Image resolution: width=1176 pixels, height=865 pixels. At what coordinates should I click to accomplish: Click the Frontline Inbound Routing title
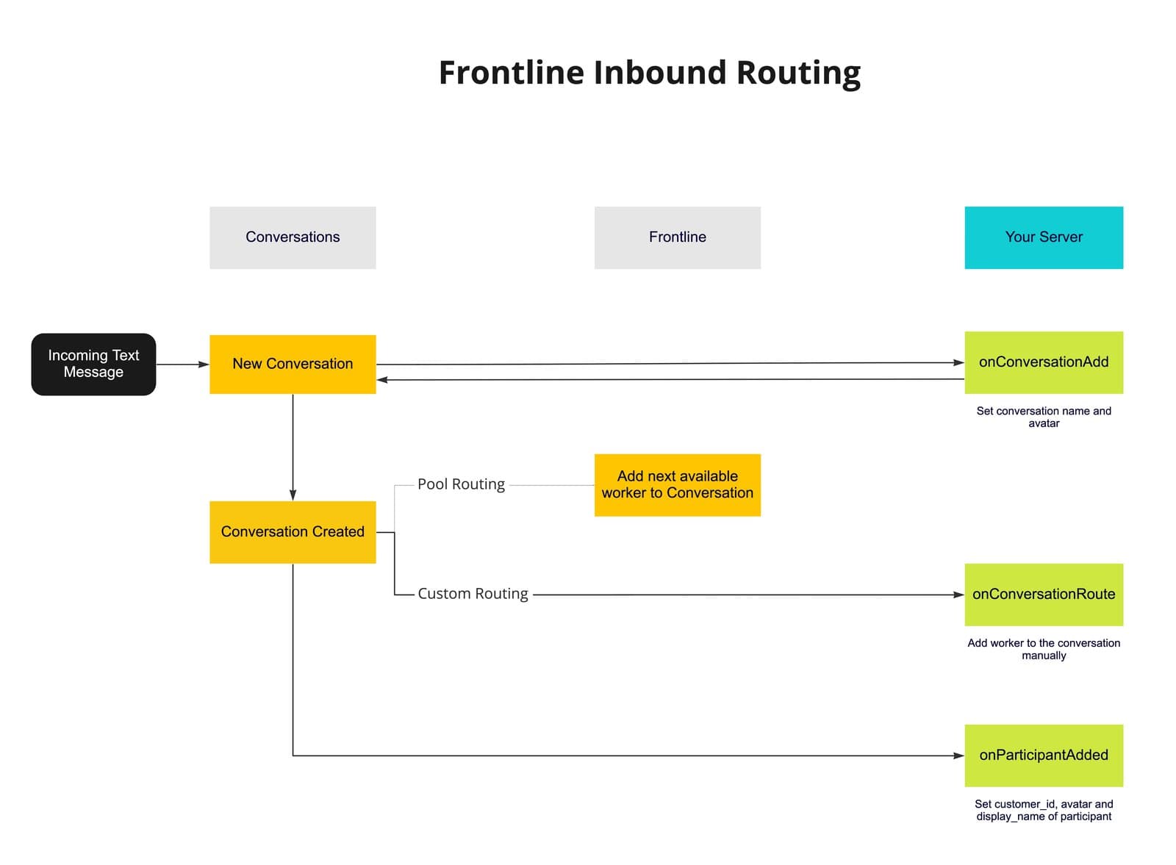point(649,73)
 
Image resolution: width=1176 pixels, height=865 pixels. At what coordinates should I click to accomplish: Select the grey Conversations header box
point(293,237)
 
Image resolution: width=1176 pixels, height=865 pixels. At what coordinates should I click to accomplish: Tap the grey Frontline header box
point(677,237)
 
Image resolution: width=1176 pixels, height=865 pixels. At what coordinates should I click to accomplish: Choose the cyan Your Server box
point(1043,237)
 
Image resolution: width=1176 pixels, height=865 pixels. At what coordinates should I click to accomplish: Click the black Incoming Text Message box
point(93,364)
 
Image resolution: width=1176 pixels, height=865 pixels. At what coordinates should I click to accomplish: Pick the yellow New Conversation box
point(293,364)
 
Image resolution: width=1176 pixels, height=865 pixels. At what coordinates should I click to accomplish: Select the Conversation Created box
point(293,532)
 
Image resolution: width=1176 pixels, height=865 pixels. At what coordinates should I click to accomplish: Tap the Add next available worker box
point(677,485)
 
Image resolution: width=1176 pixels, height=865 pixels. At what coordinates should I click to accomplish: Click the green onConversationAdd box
point(1043,362)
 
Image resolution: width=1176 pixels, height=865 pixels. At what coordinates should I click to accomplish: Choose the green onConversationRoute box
point(1043,595)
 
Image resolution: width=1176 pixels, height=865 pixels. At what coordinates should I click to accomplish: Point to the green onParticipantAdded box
point(1043,755)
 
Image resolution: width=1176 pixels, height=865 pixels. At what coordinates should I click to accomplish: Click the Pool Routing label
point(461,484)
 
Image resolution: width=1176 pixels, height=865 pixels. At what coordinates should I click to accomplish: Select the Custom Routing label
point(473,594)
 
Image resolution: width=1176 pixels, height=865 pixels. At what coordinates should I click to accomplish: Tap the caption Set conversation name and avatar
point(1043,417)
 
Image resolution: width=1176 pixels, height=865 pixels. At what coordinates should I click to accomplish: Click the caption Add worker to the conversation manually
point(1043,649)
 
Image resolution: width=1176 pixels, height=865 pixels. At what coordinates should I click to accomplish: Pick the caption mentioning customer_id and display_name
point(1043,810)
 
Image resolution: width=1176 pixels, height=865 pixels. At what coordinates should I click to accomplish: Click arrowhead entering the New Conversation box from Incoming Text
point(204,365)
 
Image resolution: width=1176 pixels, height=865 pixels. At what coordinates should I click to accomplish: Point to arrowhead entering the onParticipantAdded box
point(958,755)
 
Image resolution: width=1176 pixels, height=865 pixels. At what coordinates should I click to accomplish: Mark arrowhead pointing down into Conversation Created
point(293,495)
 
